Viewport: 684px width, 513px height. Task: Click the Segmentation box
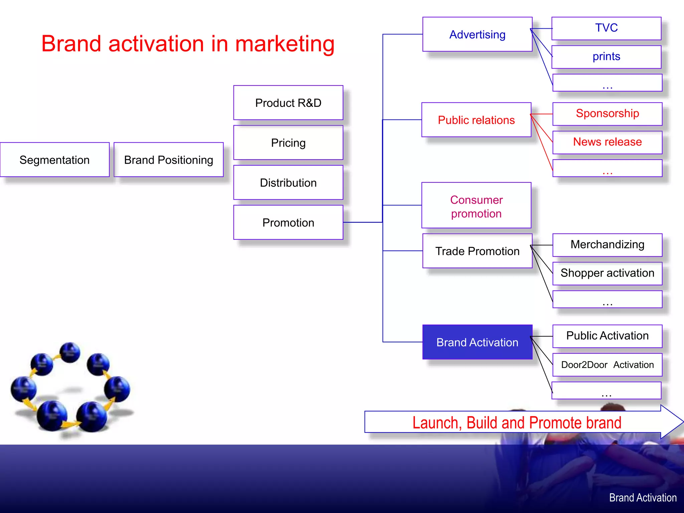(x=54, y=160)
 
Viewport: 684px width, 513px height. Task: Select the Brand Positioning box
(x=168, y=160)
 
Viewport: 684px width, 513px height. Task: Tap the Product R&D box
(x=288, y=103)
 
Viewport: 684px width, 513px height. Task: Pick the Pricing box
(x=288, y=143)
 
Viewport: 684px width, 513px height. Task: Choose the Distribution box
(x=288, y=182)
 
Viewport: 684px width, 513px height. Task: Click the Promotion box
(x=288, y=222)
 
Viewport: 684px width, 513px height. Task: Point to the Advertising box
(x=477, y=34)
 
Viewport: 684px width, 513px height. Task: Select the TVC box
(x=606, y=28)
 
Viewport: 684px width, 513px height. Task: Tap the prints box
(x=606, y=57)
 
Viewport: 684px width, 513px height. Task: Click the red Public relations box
(x=476, y=120)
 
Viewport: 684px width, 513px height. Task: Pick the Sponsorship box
(x=607, y=114)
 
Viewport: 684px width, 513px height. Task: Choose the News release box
(x=607, y=142)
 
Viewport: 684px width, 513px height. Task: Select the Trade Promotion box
(x=477, y=251)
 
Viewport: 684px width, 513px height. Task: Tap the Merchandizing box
(x=607, y=245)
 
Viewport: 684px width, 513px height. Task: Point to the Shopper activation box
(x=607, y=273)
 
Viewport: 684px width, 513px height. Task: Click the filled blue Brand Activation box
(x=477, y=342)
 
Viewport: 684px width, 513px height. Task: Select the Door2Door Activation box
(x=607, y=365)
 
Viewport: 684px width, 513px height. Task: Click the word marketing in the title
(x=285, y=44)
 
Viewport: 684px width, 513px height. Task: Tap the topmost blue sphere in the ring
(x=70, y=352)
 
